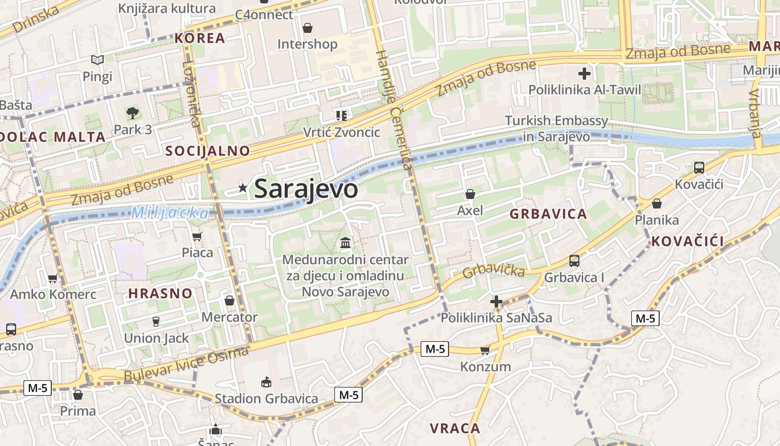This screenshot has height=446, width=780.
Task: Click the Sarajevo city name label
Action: (305, 189)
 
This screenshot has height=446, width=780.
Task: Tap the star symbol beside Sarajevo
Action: (242, 188)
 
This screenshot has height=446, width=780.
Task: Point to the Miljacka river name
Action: (170, 213)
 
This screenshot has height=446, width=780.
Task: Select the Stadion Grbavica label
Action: (266, 399)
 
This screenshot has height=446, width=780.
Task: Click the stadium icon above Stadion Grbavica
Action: (266, 382)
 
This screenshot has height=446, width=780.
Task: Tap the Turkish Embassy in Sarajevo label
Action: (556, 128)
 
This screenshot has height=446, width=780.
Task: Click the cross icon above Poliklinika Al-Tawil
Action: (584, 74)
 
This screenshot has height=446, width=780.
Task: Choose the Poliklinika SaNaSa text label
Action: (496, 318)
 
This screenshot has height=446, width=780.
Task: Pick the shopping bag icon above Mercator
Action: (229, 301)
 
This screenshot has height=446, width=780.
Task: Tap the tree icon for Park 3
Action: (133, 114)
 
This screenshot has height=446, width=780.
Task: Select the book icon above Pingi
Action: (97, 60)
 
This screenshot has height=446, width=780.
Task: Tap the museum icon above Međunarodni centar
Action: (345, 243)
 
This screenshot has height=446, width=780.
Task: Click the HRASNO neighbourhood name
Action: (160, 293)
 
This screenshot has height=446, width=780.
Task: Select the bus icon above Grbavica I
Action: (574, 260)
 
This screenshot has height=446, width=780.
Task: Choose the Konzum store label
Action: (485, 367)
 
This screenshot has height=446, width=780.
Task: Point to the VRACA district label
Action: (455, 428)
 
